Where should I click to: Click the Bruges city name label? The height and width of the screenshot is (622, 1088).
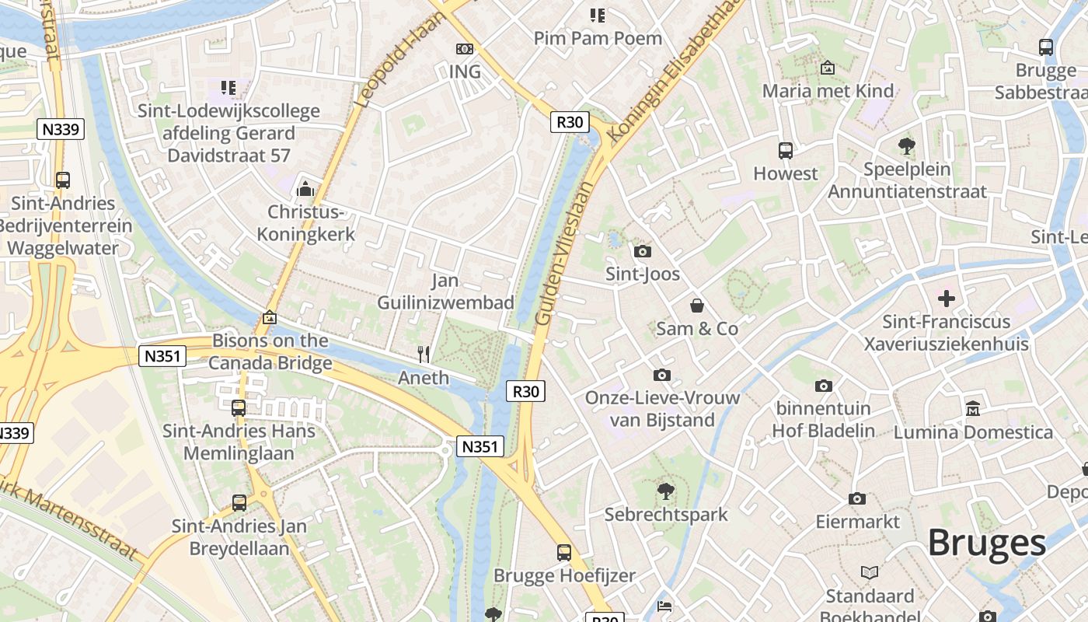[x=987, y=542]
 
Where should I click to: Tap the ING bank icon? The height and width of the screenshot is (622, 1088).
[x=465, y=49]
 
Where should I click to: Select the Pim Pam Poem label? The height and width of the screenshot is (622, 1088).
[x=598, y=38]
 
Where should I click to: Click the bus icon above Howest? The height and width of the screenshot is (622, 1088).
[x=786, y=150]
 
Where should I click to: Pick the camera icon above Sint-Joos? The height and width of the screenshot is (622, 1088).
[x=643, y=251]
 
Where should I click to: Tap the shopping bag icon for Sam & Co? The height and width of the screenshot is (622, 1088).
[x=697, y=306]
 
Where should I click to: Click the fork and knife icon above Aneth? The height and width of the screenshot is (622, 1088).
[x=424, y=355]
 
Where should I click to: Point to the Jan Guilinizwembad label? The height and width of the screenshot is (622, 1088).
[x=445, y=292]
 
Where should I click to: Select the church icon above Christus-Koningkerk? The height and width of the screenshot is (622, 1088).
[x=305, y=189]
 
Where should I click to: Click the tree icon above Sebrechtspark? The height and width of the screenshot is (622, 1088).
[x=665, y=491]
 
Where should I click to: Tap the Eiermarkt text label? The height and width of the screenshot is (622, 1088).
[x=857, y=522]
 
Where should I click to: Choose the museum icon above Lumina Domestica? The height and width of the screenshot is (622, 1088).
[x=973, y=408]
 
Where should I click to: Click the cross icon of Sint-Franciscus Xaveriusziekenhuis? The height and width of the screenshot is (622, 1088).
[x=947, y=298]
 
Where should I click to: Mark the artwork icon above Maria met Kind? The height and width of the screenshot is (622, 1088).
[x=828, y=68]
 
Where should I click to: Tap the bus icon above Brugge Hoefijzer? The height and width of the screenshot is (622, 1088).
[x=564, y=553]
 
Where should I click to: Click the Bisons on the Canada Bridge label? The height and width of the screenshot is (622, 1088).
[x=270, y=351]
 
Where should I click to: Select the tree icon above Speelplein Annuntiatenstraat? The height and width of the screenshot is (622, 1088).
[x=906, y=145]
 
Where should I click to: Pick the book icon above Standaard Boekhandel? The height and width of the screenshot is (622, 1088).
[x=870, y=573]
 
